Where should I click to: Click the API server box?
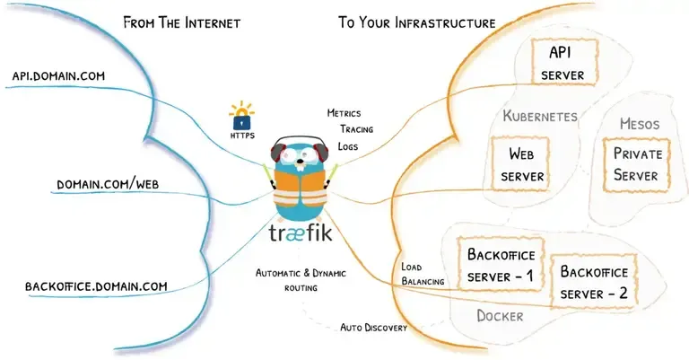tap(562, 63)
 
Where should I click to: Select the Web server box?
tap(522, 165)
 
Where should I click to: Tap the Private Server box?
tap(635, 164)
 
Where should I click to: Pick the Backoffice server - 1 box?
tap(500, 264)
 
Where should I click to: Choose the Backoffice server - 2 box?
tap(593, 281)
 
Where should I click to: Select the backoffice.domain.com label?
tap(96, 286)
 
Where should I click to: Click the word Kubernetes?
tap(539, 117)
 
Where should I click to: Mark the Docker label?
tap(500, 316)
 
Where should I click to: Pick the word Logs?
tap(349, 145)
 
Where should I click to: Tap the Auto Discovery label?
tap(373, 328)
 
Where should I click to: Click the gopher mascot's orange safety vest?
tap(301, 189)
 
